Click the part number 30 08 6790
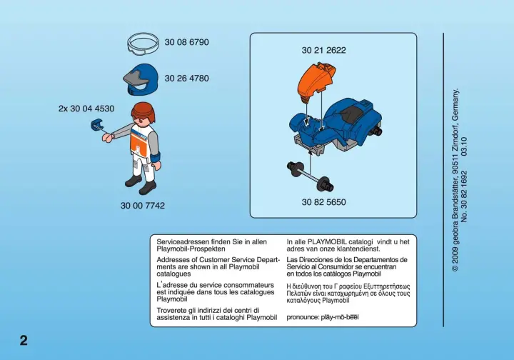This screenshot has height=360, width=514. click(x=186, y=42)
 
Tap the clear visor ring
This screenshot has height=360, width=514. click(x=143, y=50)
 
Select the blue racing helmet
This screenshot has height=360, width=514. click(x=141, y=79)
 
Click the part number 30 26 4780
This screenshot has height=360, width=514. click(x=186, y=79)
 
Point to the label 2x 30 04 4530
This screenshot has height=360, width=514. click(x=86, y=109)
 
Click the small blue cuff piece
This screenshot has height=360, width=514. click(x=96, y=125)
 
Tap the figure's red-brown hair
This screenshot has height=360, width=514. click(x=143, y=111)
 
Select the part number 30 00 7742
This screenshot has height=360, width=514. click(x=143, y=206)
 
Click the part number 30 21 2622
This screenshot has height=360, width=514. click(x=324, y=50)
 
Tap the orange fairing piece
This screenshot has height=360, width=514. click(x=316, y=80)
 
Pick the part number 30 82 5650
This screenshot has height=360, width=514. click(x=324, y=202)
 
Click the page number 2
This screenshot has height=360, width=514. click(x=24, y=341)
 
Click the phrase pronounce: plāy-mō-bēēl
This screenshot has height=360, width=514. click(x=323, y=317)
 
